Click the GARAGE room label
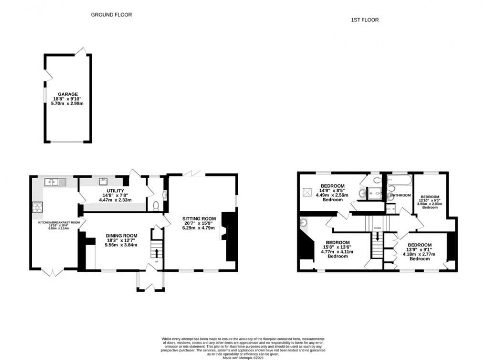(68, 95)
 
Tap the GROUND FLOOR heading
(111, 15)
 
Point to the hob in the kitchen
(36, 207)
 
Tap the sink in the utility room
(103, 181)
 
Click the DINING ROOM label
(121, 235)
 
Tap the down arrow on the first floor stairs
(378, 236)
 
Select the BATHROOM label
(400, 195)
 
